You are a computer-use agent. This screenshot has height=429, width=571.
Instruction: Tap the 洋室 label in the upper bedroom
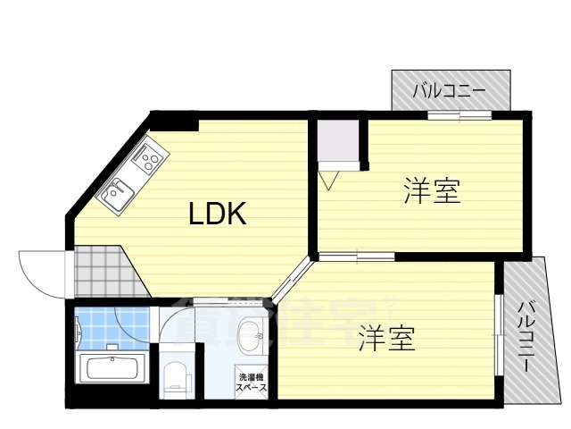click(x=432, y=191)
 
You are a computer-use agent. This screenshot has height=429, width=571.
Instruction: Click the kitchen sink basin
click(x=115, y=192)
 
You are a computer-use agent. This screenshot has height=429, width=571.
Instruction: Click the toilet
click(x=175, y=377)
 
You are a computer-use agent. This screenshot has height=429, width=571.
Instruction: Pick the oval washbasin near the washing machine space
click(x=252, y=337)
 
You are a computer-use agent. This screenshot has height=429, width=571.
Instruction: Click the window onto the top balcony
click(x=459, y=114)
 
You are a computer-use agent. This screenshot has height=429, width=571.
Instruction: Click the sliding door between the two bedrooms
click(x=357, y=257)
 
